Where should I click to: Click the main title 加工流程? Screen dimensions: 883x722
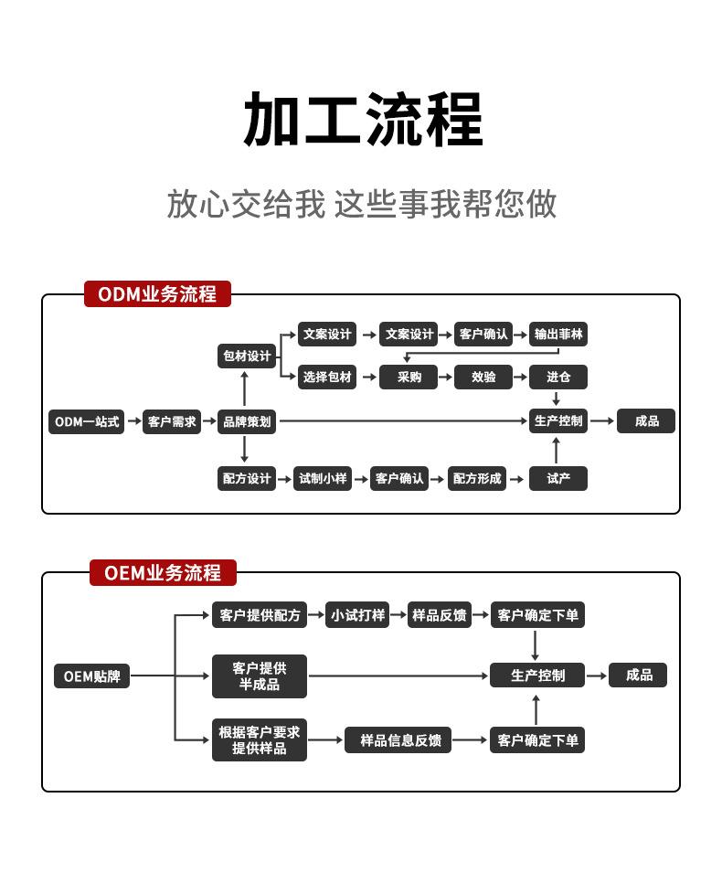point(362,121)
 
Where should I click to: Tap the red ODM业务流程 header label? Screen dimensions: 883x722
point(157,294)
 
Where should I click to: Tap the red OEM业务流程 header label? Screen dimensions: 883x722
point(163,573)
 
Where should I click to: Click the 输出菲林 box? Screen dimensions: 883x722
point(558,335)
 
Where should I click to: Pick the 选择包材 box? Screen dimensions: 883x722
point(327,377)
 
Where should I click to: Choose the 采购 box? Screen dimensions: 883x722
point(409,377)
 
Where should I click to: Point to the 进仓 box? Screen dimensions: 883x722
point(558,377)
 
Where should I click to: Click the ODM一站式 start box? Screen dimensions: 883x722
point(86,421)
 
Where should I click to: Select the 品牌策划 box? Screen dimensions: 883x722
point(247,421)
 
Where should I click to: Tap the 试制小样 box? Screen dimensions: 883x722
point(322,478)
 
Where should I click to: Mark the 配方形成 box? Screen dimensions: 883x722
point(477,478)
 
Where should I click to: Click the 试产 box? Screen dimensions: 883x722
point(558,478)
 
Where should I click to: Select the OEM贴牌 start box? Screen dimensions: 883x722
point(91,676)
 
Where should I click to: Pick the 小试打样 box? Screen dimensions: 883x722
point(357,615)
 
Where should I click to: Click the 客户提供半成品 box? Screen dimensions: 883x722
point(260,676)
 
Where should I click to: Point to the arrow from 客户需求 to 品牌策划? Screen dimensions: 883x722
point(209,421)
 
